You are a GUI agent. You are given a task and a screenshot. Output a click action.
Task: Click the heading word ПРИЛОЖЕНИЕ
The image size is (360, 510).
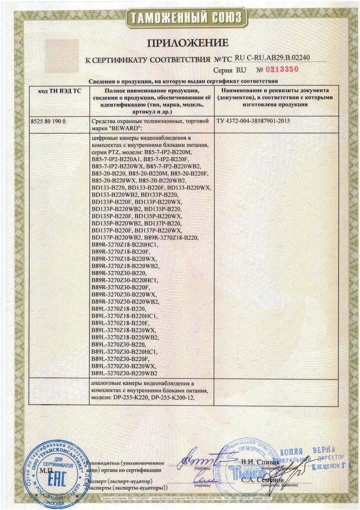click(x=188, y=42)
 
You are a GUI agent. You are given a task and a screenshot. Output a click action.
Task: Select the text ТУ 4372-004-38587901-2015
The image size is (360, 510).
click(x=254, y=120)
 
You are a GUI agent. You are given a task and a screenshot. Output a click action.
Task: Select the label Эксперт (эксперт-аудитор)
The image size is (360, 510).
click(x=119, y=480)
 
